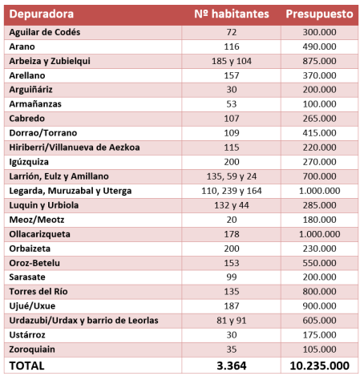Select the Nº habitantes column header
(232, 15)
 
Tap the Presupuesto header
(318, 15)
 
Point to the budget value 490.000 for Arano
(318, 46)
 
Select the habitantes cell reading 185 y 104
(232, 61)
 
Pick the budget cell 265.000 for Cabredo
(318, 119)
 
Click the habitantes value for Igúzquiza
(232, 162)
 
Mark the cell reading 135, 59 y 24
(232, 176)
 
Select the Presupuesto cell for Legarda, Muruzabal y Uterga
(318, 191)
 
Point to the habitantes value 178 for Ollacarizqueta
(232, 234)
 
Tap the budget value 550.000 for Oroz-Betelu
(318, 263)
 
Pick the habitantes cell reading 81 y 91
(232, 321)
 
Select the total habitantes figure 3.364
(232, 366)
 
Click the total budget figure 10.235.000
(318, 366)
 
